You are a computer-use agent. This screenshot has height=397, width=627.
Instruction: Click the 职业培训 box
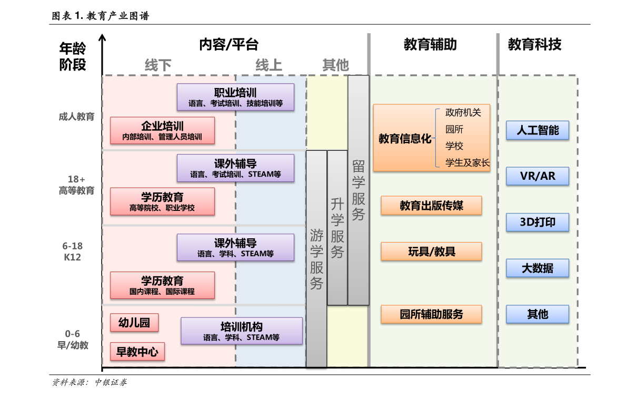[x=235, y=97]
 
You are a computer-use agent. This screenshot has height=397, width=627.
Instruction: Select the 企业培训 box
[x=162, y=130]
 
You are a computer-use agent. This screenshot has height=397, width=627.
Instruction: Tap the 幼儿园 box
[x=134, y=323]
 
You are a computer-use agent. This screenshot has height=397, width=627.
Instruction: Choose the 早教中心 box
[x=137, y=352]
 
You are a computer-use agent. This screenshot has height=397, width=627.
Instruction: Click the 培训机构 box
[x=242, y=331]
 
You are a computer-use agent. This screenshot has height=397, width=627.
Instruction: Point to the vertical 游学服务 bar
[x=316, y=258]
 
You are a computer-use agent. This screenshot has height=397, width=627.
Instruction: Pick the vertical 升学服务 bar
[x=337, y=228]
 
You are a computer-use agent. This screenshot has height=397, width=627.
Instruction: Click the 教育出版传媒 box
[x=431, y=206]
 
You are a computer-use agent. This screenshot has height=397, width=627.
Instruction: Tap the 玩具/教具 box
[x=431, y=251]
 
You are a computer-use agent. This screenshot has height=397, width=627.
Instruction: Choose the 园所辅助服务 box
[x=431, y=314]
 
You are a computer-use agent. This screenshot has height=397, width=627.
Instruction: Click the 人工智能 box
[x=538, y=130]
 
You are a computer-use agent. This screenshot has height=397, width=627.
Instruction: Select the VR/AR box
[x=538, y=176]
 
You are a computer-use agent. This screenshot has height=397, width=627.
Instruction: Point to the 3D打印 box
[x=538, y=222]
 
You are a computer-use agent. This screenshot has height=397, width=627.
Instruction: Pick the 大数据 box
[x=538, y=268]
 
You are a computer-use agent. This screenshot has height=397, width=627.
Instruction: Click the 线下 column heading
[x=158, y=65]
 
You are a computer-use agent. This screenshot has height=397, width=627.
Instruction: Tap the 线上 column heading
[x=269, y=65]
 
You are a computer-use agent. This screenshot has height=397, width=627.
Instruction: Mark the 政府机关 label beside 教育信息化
[x=463, y=113]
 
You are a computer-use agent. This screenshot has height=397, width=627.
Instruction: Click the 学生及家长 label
[x=467, y=163]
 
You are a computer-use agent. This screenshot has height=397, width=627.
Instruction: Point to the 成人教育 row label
[x=77, y=117]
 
